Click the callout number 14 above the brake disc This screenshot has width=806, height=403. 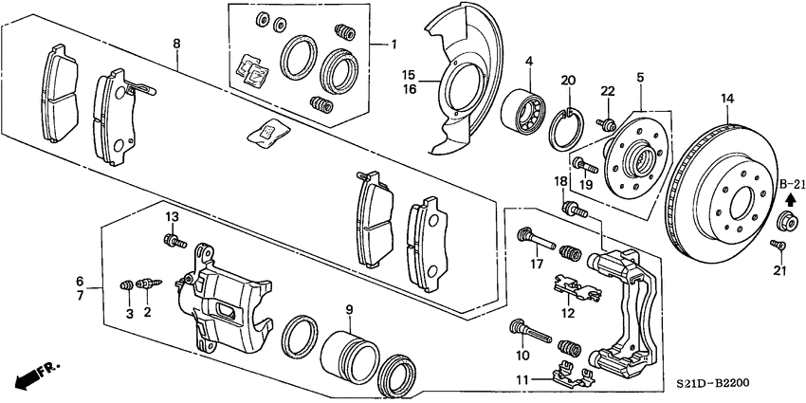[x=727, y=99]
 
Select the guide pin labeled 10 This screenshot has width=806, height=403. [x=531, y=333]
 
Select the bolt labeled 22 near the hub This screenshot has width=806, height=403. [x=605, y=122]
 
